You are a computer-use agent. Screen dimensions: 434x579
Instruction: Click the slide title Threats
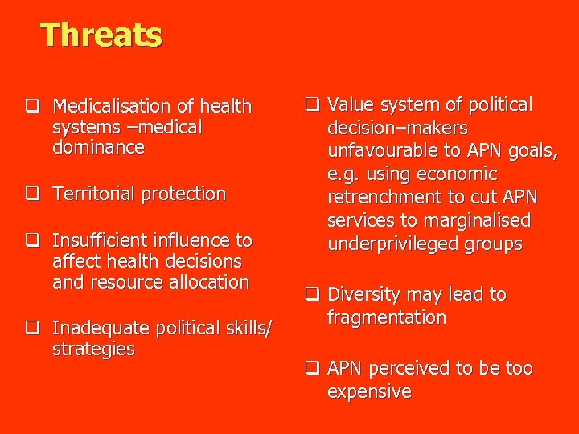(x=101, y=35)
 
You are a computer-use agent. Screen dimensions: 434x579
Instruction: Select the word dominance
(x=98, y=148)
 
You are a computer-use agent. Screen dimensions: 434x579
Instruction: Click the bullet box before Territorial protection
(x=33, y=194)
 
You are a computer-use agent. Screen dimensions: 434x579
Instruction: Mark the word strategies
(x=93, y=349)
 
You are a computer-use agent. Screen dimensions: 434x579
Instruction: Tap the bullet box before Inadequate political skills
(x=33, y=328)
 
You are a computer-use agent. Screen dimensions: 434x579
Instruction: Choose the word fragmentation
(x=386, y=317)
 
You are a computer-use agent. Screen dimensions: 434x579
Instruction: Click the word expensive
(x=368, y=391)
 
